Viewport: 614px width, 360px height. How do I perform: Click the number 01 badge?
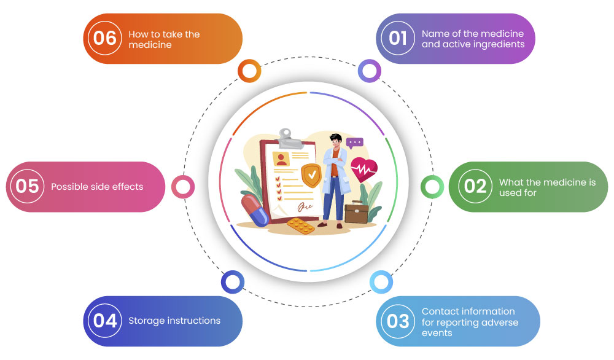(398, 38)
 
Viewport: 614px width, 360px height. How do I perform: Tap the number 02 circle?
(475, 186)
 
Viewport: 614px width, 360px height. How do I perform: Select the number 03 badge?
(398, 321)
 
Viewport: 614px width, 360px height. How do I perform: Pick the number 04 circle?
(106, 321)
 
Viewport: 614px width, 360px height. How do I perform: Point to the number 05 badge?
(28, 186)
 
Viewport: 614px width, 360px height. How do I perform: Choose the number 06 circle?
(105, 38)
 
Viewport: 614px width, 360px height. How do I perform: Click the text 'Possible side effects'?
(97, 187)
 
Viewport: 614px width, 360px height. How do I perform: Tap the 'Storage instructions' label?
(174, 321)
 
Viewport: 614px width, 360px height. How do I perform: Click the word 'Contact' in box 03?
(441, 311)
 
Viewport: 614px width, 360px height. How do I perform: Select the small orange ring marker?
(249, 71)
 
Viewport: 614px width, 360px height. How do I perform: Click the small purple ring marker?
(369, 71)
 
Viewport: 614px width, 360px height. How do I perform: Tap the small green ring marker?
(432, 186)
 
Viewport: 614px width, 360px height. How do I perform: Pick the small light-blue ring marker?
(381, 282)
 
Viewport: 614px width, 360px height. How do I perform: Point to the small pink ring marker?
(183, 186)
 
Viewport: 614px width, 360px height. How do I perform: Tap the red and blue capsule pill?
(255, 209)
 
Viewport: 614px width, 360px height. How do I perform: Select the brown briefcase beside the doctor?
(356, 213)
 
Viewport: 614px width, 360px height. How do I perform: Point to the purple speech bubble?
(355, 143)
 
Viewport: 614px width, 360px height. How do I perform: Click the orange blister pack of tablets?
(301, 227)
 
